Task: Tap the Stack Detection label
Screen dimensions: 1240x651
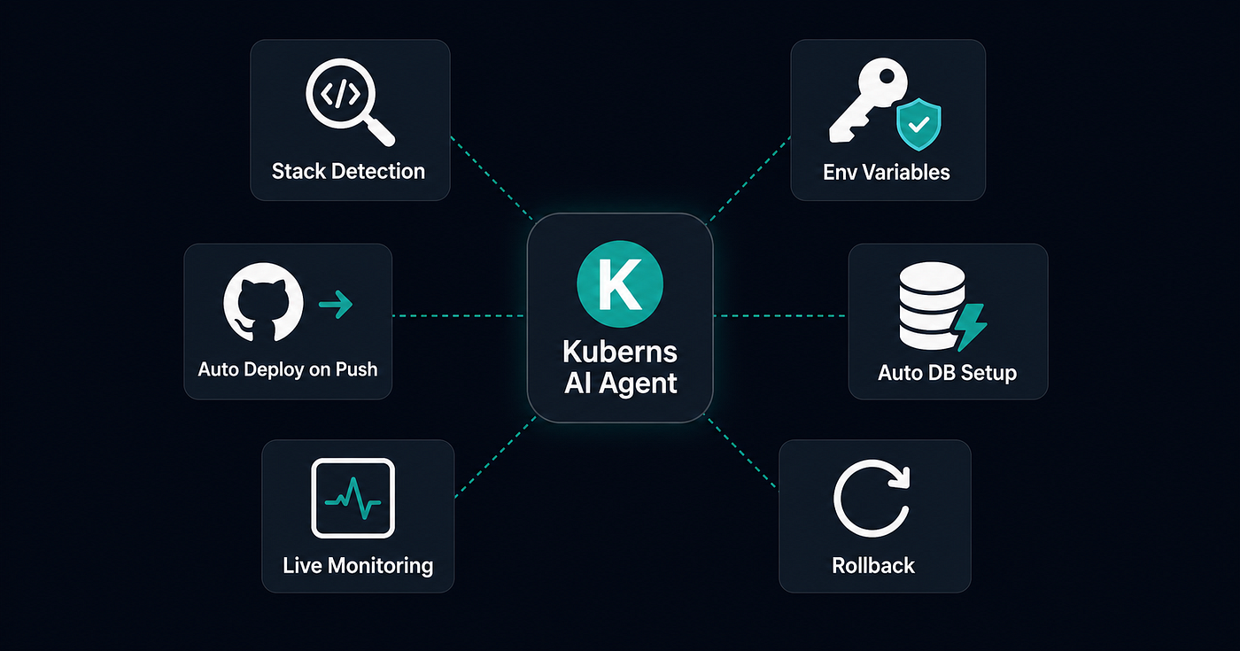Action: click(x=348, y=172)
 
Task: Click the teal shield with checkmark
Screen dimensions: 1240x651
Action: click(x=919, y=125)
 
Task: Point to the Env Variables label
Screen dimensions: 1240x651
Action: click(x=887, y=172)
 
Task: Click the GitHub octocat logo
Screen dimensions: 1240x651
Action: click(x=264, y=302)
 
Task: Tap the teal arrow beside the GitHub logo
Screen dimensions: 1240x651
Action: click(x=336, y=304)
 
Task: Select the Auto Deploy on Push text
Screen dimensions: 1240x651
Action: click(x=288, y=369)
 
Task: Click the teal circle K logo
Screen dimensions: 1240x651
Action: click(x=620, y=284)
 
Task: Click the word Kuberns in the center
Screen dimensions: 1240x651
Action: click(x=620, y=352)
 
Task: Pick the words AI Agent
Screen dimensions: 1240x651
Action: click(x=621, y=383)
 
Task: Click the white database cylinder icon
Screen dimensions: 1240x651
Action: click(x=932, y=306)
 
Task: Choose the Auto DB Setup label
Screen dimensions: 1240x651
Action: click(x=947, y=373)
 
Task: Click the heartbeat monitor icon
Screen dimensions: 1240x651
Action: click(x=353, y=498)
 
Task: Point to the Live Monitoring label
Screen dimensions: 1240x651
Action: click(x=358, y=566)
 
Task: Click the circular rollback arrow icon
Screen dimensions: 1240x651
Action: click(x=872, y=498)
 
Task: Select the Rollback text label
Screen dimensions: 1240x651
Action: click(x=873, y=566)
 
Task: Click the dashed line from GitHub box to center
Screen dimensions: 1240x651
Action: click(x=459, y=316)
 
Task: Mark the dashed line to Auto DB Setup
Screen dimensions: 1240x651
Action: click(x=780, y=316)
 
